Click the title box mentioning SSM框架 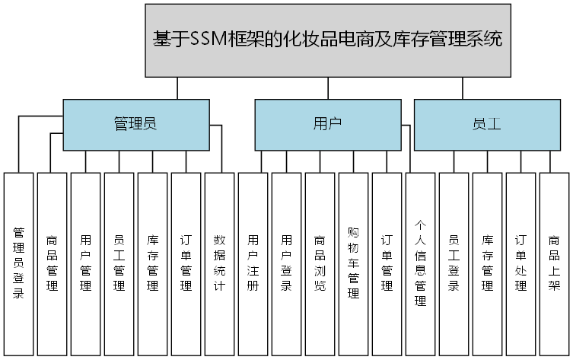pos(327,40)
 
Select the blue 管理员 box pos(135,124)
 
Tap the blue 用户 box pos(327,124)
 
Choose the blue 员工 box pos(487,124)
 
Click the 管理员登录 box pos(18,263)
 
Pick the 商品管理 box pos(52,263)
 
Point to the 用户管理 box pos(85,263)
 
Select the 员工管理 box pos(119,263)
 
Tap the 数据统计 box pos(219,263)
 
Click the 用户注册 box pos(253,263)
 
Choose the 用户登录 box pos(286,263)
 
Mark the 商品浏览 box pos(320,263)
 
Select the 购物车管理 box pos(353,263)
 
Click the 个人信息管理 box pos(420,263)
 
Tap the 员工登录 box pos(454,263)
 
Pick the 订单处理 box pos(520,263)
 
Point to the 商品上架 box pos(554,263)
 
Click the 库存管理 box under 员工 pos(487,263)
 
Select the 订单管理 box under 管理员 pos(186,263)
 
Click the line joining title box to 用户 pos(327,88)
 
